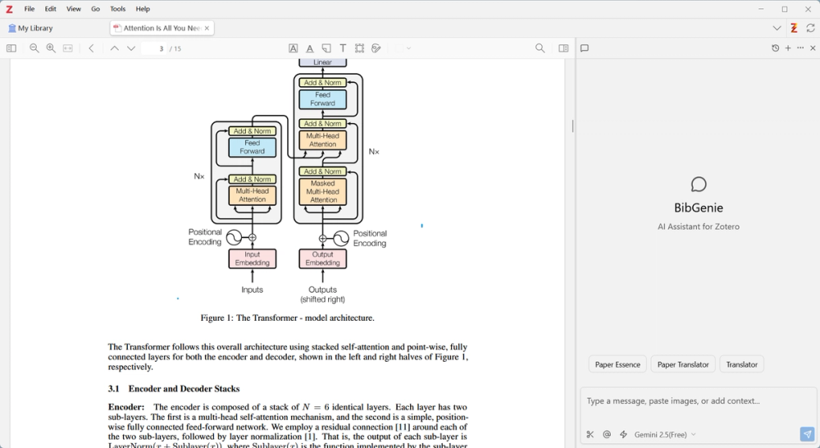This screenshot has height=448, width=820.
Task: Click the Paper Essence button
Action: point(617,364)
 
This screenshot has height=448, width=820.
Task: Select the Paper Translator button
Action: point(683,364)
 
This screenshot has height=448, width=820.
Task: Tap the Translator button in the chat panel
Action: point(741,364)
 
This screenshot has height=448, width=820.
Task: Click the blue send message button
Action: point(807,434)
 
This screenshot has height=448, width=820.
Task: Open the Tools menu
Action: point(118,9)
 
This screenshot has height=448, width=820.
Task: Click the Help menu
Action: point(143,9)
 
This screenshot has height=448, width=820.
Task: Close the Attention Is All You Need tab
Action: point(207,28)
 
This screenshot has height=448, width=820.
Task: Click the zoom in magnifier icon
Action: point(51,48)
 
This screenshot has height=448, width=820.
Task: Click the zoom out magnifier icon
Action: point(34,48)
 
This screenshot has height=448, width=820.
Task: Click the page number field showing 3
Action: point(155,48)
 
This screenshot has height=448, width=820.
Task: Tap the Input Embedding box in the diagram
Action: point(252,259)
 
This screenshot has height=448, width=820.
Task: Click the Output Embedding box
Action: point(322,259)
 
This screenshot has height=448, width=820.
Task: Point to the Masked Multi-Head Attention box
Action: point(323,192)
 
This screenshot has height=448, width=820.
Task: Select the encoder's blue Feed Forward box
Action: point(252,148)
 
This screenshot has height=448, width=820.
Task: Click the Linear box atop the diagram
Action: point(322,62)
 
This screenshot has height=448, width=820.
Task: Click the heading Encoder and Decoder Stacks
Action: point(184,389)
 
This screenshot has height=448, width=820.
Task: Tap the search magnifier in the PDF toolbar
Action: point(540,48)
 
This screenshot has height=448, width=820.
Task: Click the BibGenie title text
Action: point(699,208)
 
